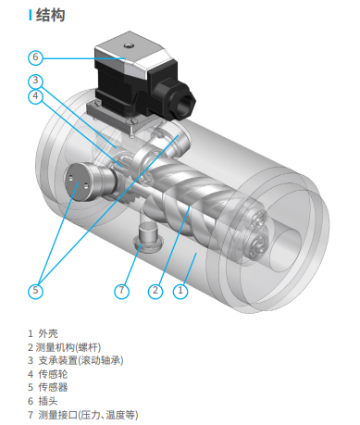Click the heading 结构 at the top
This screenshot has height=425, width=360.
coord(50,15)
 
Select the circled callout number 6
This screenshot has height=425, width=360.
coord(35,57)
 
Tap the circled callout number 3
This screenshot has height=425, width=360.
coord(35,81)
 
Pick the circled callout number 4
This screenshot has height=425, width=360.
coord(35,96)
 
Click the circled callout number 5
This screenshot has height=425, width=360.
coord(35,291)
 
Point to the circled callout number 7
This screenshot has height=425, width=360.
coord(121,291)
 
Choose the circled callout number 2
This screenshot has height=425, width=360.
coord(155,291)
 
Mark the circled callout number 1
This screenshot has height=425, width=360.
coord(180,291)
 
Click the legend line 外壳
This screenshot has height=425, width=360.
coord(43,333)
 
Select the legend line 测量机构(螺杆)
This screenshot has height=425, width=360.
coord(64,347)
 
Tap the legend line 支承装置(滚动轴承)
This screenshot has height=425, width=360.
coord(76,360)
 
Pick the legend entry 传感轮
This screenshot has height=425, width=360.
coord(48,374)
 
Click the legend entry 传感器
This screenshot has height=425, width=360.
coord(48,387)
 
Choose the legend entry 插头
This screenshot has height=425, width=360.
coord(43,401)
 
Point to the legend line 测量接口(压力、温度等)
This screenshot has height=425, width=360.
coord(83,415)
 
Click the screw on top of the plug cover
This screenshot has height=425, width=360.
coord(129,46)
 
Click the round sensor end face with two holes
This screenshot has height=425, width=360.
coord(77,181)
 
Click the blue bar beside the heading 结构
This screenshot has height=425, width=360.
coord(31,15)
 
